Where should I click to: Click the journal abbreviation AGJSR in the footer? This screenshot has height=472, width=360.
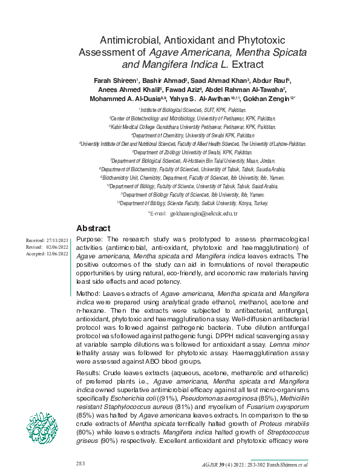click(211, 465)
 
